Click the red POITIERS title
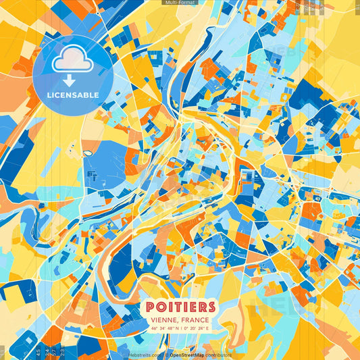[180, 307]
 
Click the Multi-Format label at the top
[180, 3]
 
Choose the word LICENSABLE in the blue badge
[72, 95]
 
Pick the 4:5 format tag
[38, 353]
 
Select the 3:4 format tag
[46, 353]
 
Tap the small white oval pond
[87, 153]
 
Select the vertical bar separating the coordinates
[180, 328]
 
